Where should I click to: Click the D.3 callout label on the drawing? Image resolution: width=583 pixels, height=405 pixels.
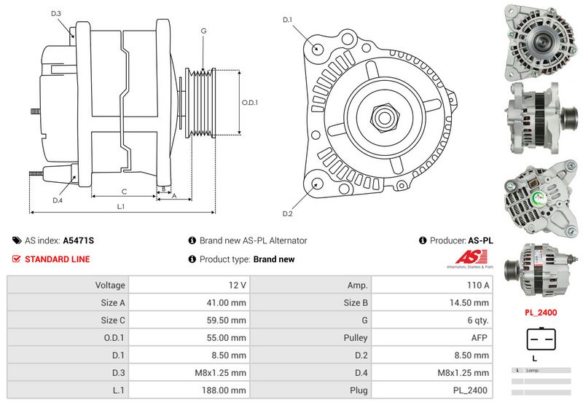[x=56, y=14]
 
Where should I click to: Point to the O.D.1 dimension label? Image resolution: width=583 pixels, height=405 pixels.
[x=251, y=102]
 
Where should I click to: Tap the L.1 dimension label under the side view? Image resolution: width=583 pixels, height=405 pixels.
[x=121, y=206]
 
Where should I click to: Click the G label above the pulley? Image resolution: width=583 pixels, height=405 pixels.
[x=203, y=31]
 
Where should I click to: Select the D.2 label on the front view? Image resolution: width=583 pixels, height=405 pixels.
[x=287, y=213]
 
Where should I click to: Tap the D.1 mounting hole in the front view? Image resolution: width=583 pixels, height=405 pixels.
[x=318, y=48]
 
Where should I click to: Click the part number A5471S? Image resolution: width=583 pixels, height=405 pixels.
[x=79, y=240]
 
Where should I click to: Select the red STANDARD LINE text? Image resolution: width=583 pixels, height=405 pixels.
[x=58, y=259]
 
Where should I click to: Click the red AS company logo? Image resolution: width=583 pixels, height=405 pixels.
[x=466, y=257]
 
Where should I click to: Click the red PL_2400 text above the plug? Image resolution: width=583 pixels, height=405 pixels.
[x=540, y=312]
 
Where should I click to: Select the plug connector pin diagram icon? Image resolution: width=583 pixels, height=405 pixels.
[x=540, y=339]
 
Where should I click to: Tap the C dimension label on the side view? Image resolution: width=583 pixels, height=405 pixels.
[x=125, y=192]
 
